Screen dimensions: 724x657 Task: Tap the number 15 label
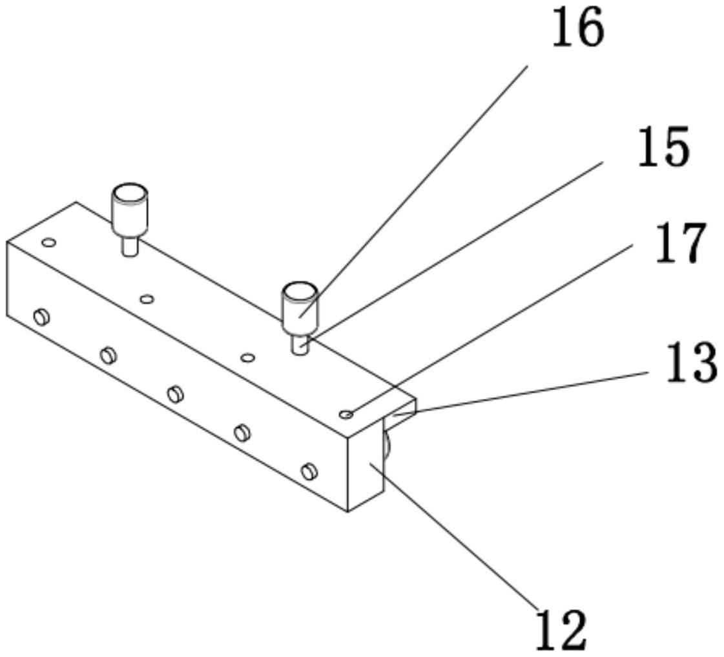click(x=663, y=147)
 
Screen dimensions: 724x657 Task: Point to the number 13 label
click(x=691, y=363)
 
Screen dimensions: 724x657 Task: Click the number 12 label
click(x=561, y=629)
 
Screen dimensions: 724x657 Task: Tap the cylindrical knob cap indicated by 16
click(x=299, y=305)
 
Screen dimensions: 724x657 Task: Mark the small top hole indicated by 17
click(x=347, y=414)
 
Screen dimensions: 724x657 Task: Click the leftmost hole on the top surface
click(x=48, y=242)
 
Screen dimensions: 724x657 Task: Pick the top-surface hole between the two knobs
click(x=148, y=299)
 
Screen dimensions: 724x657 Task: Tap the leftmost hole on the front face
click(x=42, y=316)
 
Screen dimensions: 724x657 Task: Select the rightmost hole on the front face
click(x=309, y=471)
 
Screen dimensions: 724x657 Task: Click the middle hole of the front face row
click(x=175, y=393)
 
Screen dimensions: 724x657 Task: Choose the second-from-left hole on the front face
click(x=108, y=354)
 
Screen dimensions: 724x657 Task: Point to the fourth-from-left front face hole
click(x=242, y=432)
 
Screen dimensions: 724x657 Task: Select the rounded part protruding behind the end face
click(x=386, y=446)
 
